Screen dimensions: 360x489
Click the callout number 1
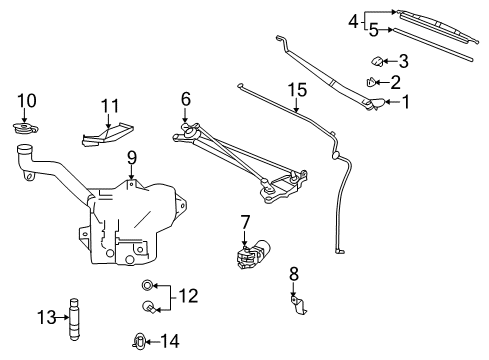[x=407, y=101]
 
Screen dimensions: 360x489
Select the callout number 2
[x=396, y=82]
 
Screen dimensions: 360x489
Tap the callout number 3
[x=403, y=60]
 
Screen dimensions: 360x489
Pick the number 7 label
[x=245, y=221]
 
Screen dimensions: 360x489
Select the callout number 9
[x=131, y=157]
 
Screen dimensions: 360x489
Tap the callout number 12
[x=187, y=295]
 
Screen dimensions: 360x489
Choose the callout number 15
[x=296, y=90]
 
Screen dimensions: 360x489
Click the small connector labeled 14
[x=139, y=342]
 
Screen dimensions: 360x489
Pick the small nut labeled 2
[x=372, y=83]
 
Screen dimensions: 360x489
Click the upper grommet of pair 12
[x=148, y=285]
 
